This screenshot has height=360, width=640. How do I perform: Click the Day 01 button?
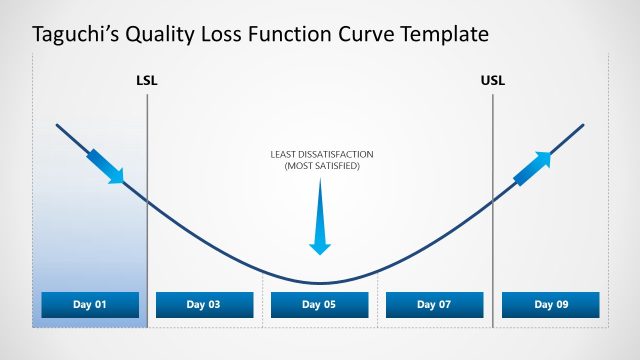90,304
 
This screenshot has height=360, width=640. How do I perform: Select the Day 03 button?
205,304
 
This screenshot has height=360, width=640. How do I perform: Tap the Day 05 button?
319,304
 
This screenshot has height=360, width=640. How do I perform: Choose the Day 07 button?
434,304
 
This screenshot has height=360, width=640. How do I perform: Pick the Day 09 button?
550,304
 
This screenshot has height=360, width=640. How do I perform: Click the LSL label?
147,80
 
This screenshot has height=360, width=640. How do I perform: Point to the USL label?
493,80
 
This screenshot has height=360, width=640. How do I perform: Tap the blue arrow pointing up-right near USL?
532,169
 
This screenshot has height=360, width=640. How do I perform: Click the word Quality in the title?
164,35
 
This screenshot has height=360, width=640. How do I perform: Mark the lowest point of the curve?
320,284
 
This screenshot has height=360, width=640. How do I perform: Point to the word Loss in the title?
223,35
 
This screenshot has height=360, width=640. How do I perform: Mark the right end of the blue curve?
584,125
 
